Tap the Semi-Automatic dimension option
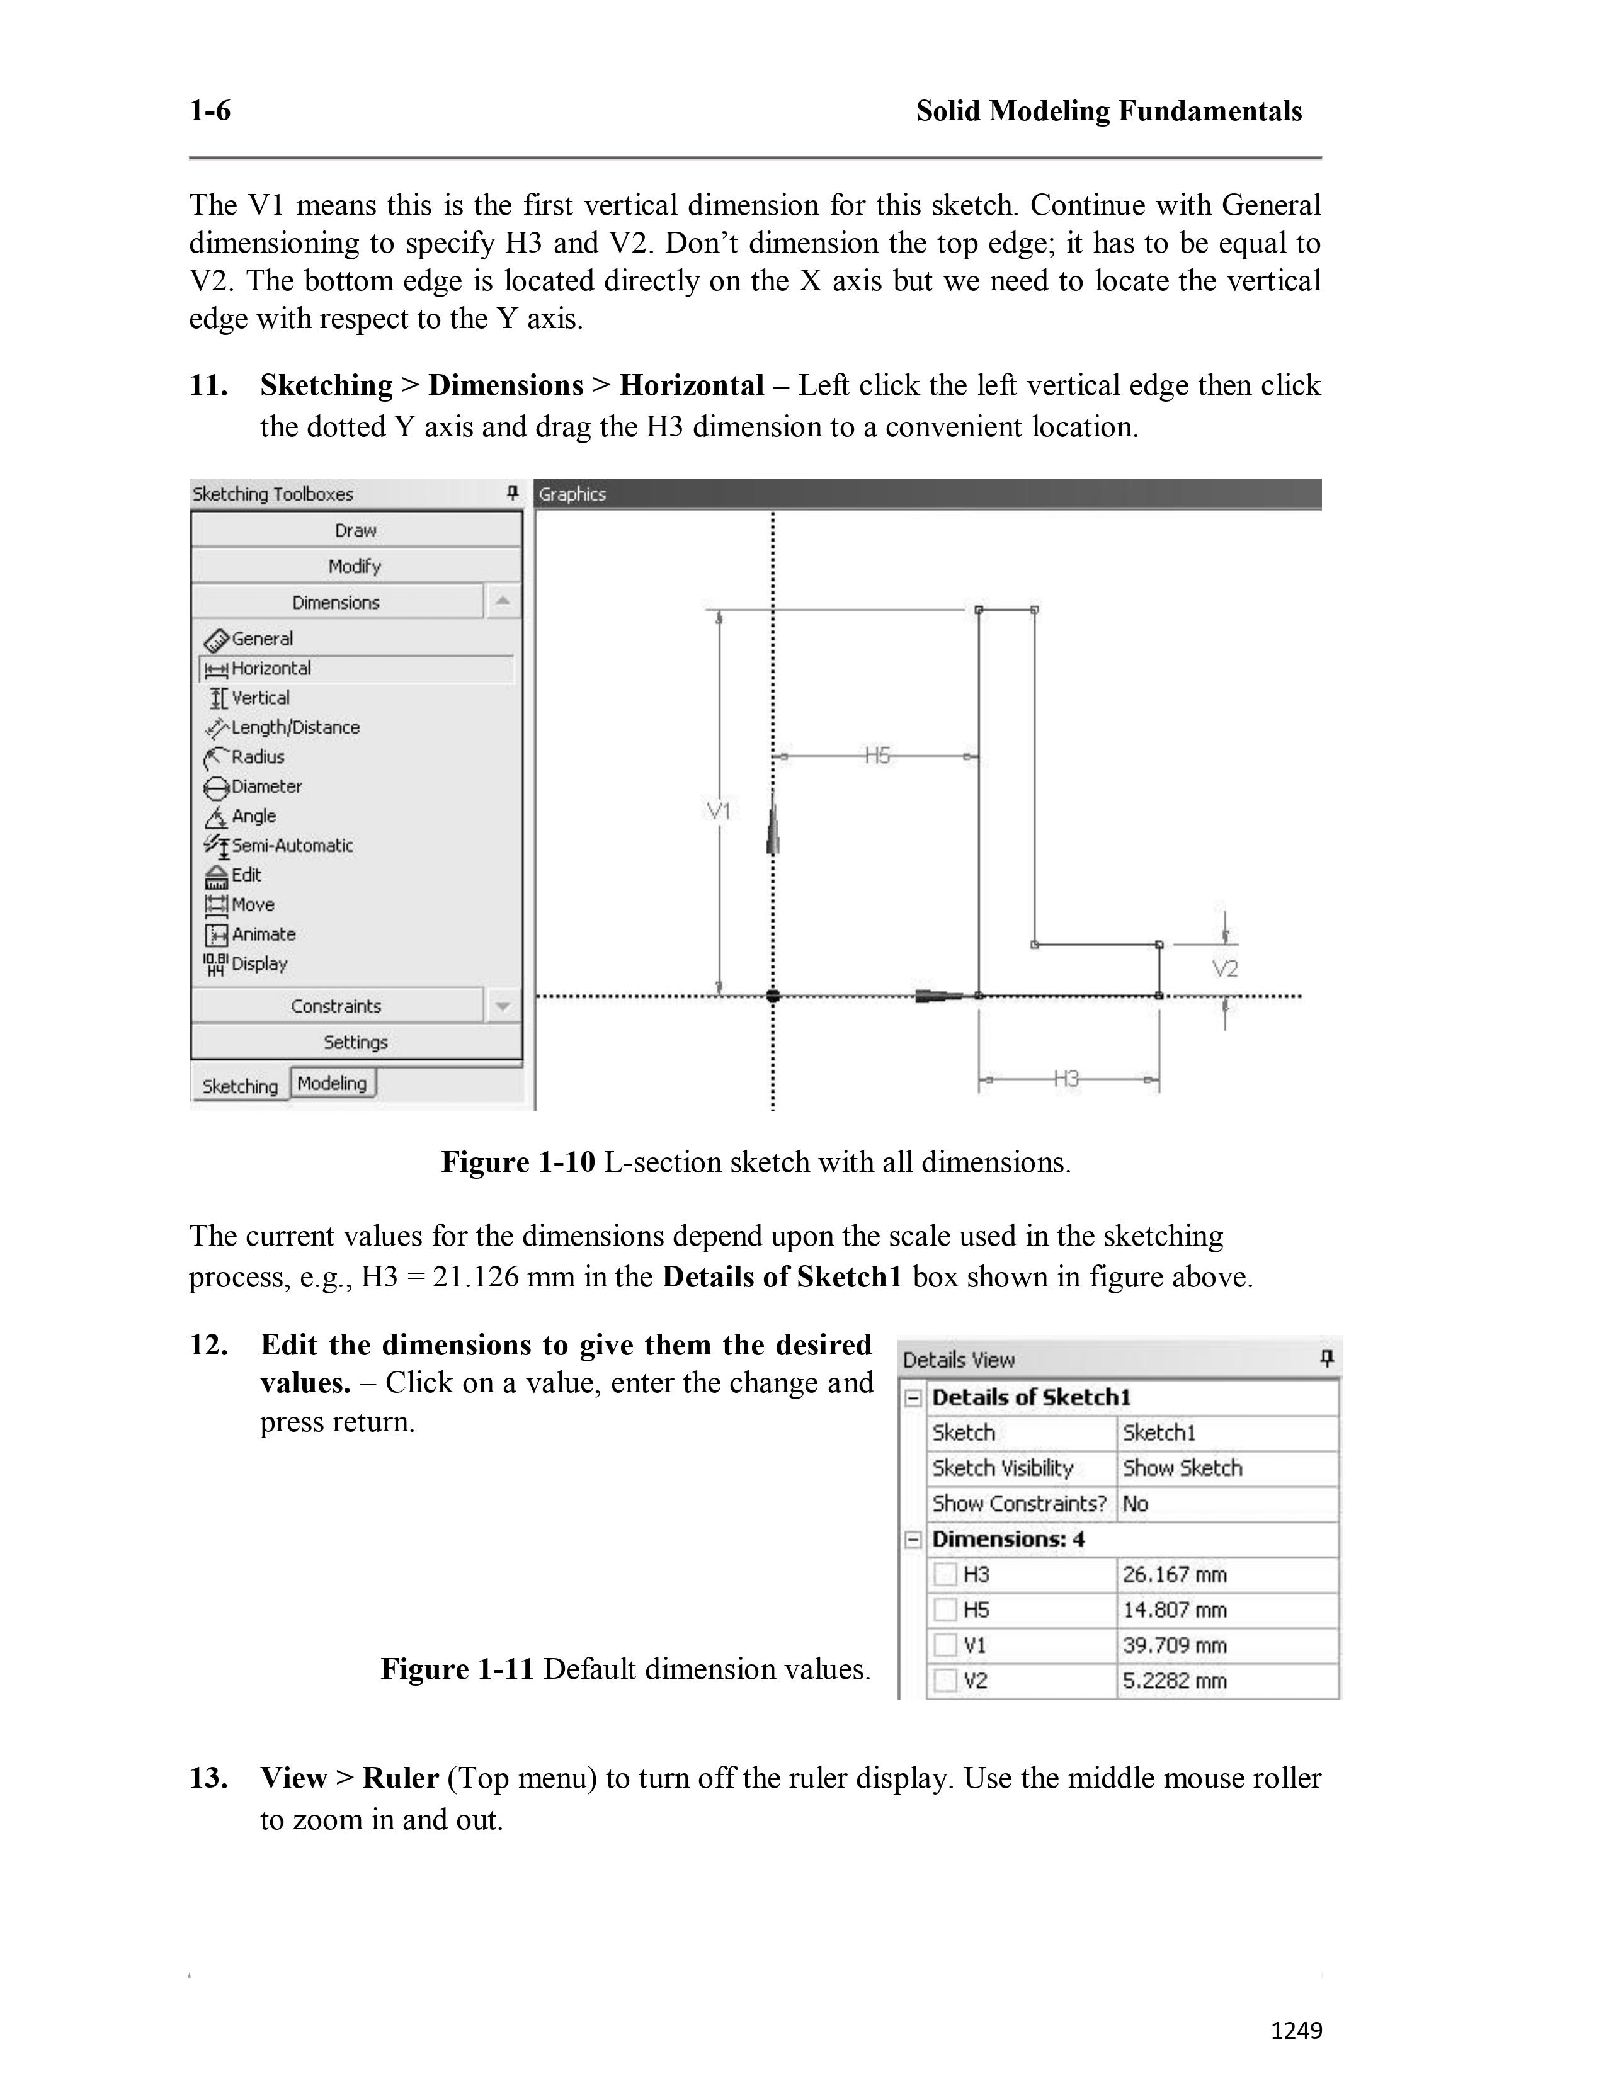292,846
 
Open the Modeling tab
332,1083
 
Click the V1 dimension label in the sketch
719,810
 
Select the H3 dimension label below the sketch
1066,1079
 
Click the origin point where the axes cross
773,995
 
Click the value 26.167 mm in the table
1174,1575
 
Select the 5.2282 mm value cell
1174,1680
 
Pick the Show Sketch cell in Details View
1182,1468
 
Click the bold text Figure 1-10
518,1162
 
